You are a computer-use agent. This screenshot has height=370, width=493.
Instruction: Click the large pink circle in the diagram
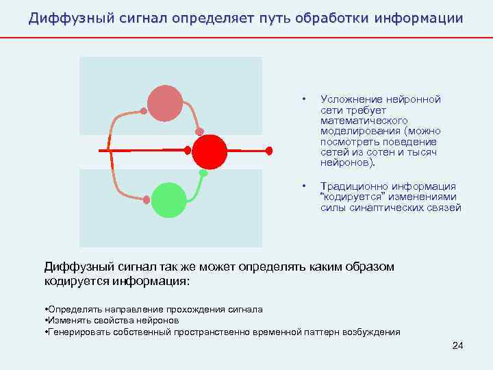point(165,103)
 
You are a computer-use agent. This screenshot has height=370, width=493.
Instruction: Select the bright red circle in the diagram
point(209,151)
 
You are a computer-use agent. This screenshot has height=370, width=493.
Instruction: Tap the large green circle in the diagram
point(168,199)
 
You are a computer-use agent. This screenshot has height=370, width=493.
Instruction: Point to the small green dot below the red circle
point(203,173)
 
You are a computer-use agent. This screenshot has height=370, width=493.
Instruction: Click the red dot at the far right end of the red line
point(269,150)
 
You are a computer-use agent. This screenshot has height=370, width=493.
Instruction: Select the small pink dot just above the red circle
point(199,132)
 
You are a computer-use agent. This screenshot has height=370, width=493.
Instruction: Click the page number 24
point(458,346)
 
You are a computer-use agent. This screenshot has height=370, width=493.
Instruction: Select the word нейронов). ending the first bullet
point(348,164)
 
